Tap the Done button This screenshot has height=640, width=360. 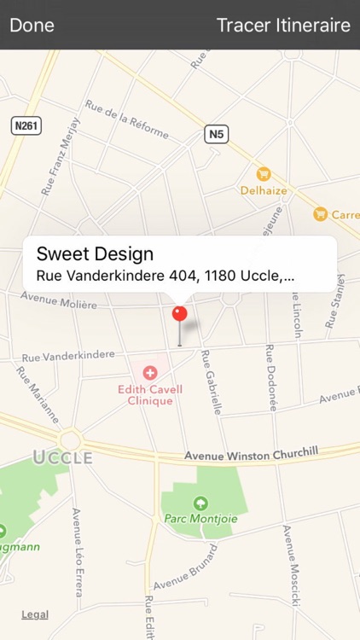coord(32,25)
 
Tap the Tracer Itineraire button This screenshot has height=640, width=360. coord(283,25)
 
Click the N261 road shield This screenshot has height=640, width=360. coord(26,126)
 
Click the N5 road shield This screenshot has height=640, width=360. coord(217,134)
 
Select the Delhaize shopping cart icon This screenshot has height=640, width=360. coord(264,174)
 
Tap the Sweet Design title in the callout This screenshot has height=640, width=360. coord(95,253)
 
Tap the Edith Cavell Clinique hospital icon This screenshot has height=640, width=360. coord(150,372)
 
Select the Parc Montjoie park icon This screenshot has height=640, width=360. coord(200,503)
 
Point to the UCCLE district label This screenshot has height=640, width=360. coord(62,457)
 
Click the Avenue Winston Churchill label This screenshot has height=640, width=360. coord(251,453)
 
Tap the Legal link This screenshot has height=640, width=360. coord(35,614)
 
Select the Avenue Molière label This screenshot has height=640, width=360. coord(58,300)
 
